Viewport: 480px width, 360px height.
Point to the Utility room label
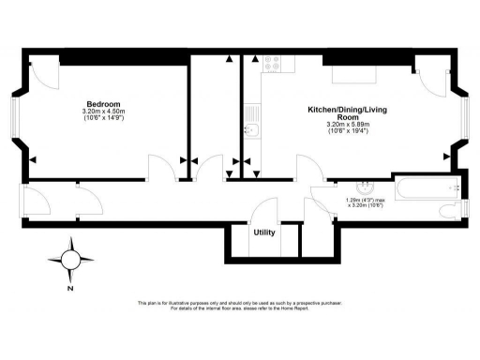pos(263,232)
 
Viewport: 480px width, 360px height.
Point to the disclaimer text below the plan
pos(239,306)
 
